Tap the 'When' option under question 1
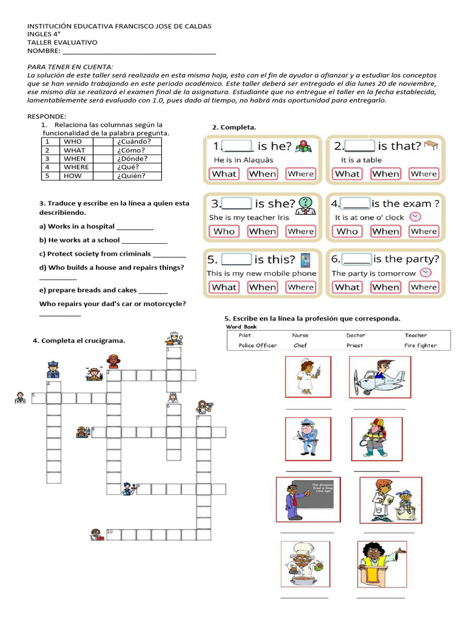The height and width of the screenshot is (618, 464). pyautogui.click(x=262, y=174)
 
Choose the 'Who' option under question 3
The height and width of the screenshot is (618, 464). pyautogui.click(x=224, y=231)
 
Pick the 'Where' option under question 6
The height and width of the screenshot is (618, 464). pyautogui.click(x=423, y=287)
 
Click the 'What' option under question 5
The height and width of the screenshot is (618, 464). pyautogui.click(x=224, y=287)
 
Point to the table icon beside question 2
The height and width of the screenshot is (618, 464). pyautogui.click(x=431, y=145)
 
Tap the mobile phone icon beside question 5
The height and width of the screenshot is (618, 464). pyautogui.click(x=306, y=260)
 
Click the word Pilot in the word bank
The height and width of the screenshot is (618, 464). pyautogui.click(x=245, y=335)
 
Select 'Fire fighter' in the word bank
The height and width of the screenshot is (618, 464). pyautogui.click(x=420, y=346)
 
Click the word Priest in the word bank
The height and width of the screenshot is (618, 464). pyautogui.click(x=355, y=346)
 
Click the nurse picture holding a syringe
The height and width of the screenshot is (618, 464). pyautogui.click(x=308, y=377)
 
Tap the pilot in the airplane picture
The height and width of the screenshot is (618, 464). pyautogui.click(x=379, y=377)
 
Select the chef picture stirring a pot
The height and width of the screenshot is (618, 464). pyautogui.click(x=305, y=563)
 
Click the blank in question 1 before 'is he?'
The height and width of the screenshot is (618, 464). pyautogui.click(x=239, y=145)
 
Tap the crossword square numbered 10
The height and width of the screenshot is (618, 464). pyautogui.click(x=112, y=534)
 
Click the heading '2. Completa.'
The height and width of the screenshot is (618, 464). pyautogui.click(x=234, y=127)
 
